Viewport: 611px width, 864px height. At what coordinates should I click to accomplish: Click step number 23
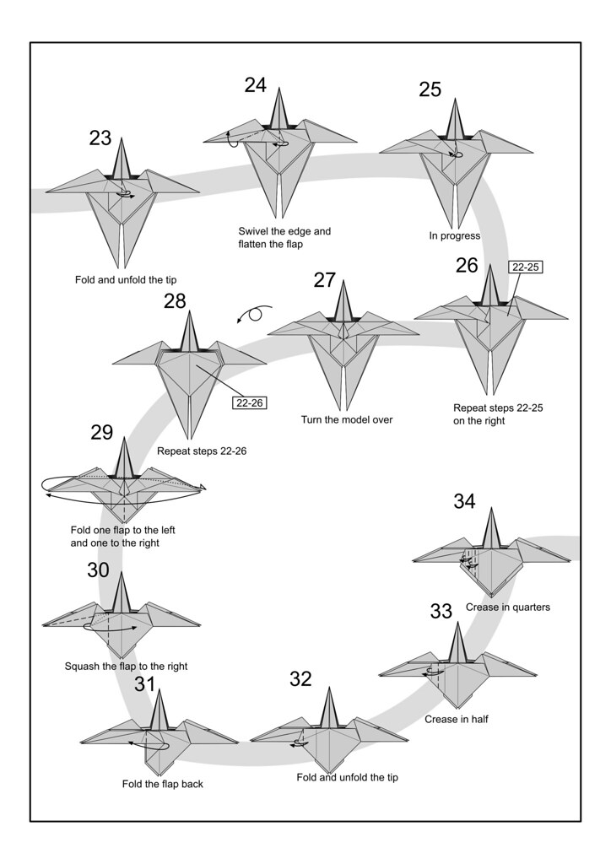pyautogui.click(x=100, y=138)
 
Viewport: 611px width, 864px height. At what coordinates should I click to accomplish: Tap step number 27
pyautogui.click(x=325, y=280)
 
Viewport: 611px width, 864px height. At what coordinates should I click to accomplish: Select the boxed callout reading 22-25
pyautogui.click(x=525, y=267)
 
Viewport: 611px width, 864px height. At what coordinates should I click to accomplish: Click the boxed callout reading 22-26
pyautogui.click(x=250, y=402)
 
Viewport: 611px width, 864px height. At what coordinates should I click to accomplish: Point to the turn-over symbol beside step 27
pyautogui.click(x=254, y=315)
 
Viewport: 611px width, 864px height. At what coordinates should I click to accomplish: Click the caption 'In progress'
pyautogui.click(x=454, y=236)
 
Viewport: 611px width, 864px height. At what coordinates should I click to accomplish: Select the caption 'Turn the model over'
pyautogui.click(x=347, y=419)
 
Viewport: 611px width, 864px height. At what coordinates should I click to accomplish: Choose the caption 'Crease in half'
pyautogui.click(x=457, y=720)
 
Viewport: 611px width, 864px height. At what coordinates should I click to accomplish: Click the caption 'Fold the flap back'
pyautogui.click(x=163, y=784)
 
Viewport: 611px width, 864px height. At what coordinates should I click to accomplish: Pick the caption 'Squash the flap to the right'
pyautogui.click(x=126, y=667)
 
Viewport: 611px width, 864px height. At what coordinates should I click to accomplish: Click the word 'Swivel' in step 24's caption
pyautogui.click(x=255, y=231)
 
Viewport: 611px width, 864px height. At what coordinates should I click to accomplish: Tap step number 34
pyautogui.click(x=464, y=501)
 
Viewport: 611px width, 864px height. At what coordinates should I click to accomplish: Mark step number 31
pyautogui.click(x=145, y=683)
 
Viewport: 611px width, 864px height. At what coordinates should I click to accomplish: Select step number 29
pyautogui.click(x=101, y=433)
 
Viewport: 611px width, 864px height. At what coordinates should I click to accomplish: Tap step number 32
pyautogui.click(x=300, y=678)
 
